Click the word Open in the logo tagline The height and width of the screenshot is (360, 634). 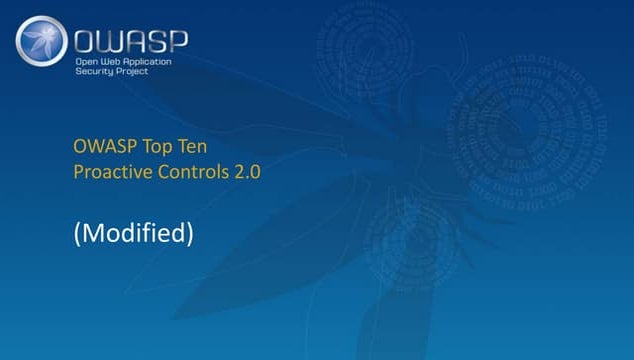[86, 63]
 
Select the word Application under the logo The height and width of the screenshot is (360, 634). [151, 63]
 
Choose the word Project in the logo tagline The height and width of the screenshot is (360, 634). [135, 75]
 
